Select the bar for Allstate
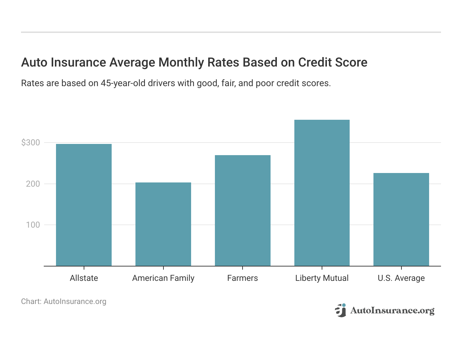84,205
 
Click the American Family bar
163,224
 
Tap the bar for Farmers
243,210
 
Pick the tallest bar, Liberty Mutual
322,193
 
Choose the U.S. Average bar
401,219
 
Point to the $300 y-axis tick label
31,143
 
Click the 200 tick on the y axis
33,184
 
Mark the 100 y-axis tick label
33,225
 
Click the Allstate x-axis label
84,278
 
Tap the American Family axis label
163,278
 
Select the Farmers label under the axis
243,278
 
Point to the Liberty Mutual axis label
322,278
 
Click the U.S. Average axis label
401,278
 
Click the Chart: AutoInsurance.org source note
64,302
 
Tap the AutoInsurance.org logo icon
340,311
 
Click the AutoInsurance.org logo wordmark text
392,311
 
